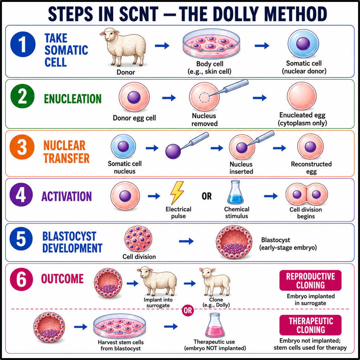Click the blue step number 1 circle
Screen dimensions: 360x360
pyautogui.click(x=23, y=44)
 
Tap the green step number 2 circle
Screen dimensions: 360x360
pyautogui.click(x=23, y=96)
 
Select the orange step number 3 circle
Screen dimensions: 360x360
pyautogui.click(x=22, y=147)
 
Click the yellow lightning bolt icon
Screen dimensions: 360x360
pyautogui.click(x=177, y=193)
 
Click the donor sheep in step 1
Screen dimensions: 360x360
pyautogui.click(x=123, y=47)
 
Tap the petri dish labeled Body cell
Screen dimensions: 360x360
pyautogui.click(x=212, y=44)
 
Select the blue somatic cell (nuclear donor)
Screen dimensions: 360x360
pyautogui.click(x=303, y=44)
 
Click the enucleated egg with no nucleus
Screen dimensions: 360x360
pyautogui.click(x=302, y=96)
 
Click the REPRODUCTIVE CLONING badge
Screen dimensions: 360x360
pyautogui.click(x=310, y=280)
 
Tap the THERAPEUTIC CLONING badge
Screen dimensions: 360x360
pyautogui.click(x=310, y=325)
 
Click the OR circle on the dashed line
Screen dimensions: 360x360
pyautogui.click(x=187, y=310)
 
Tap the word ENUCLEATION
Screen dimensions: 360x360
pyautogui.click(x=72, y=99)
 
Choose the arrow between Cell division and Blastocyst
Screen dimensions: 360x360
pyautogui.click(x=186, y=241)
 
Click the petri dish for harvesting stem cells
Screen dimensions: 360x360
pyautogui.click(x=120, y=326)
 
